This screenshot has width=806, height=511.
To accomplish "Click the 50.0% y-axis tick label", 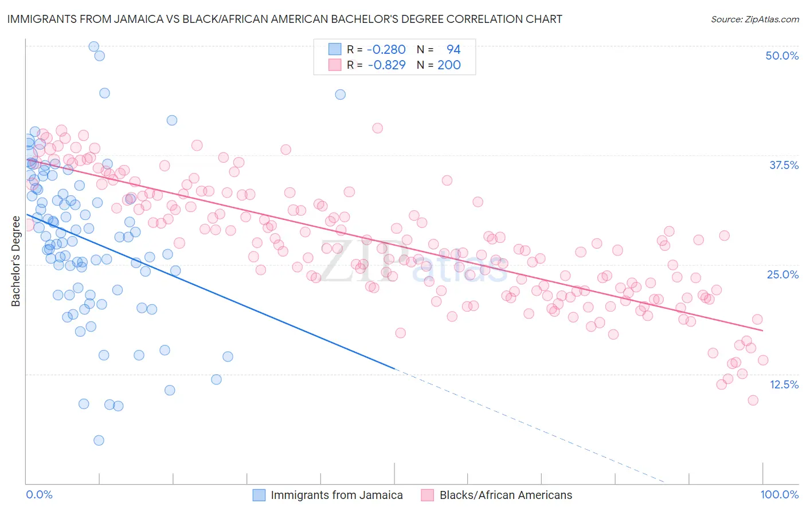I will point(782,56).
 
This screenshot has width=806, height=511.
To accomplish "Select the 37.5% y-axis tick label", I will point(784,165).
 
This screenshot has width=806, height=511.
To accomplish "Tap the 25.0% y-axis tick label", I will point(782,274).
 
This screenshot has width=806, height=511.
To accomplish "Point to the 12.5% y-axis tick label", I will point(784,384).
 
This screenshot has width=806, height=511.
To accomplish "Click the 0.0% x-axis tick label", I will point(39,495).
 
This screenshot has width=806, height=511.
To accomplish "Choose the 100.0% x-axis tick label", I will point(779,495).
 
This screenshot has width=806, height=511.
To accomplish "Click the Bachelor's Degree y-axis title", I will point(16,261).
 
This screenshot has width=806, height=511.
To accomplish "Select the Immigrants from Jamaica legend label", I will point(337,496).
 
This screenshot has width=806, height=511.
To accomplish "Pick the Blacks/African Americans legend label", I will point(506,496).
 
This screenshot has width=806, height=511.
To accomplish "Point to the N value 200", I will point(449,65).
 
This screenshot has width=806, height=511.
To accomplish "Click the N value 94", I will point(453,50).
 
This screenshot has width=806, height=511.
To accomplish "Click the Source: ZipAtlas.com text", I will point(754,19).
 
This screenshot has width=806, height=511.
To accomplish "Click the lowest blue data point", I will point(99,441).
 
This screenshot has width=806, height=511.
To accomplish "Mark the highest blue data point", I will point(93,46).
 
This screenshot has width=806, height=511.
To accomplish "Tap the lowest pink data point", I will point(753,400).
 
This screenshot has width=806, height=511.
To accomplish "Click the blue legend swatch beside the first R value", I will point(335,50).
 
